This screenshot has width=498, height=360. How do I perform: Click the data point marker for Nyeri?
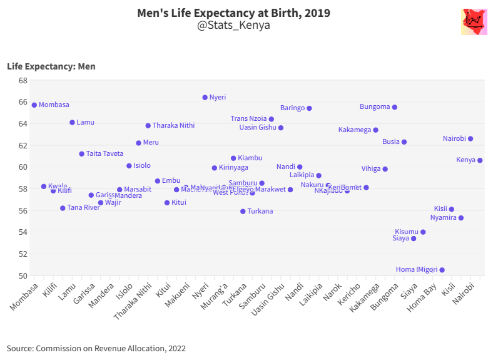coord(205,98)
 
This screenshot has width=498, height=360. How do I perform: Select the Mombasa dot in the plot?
coord(34,105)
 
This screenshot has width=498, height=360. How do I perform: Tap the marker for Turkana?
coord(243,212)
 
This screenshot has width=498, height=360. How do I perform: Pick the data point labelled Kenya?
coord(480,160)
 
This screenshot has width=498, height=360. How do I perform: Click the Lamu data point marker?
coord(72,123)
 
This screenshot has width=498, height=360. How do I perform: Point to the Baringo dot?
coord(309,108)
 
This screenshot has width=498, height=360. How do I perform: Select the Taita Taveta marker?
coord(81,154)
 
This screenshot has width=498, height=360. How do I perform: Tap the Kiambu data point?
coord(233,158)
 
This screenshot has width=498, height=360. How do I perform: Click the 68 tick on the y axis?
coord(23,81)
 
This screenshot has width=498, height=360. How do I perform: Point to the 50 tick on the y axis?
coord(23,275)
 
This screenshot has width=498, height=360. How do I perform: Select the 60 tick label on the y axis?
coord(23,167)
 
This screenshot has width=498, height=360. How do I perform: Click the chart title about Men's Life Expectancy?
coord(233,13)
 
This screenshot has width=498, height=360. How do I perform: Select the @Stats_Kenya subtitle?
coord(233,26)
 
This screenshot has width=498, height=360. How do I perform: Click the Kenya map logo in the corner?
coord(474,22)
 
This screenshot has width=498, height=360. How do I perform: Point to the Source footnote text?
coord(96,348)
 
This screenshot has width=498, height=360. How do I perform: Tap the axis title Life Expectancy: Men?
coord(51,66)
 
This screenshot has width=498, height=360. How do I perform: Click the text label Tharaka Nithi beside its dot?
coord(173,126)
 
